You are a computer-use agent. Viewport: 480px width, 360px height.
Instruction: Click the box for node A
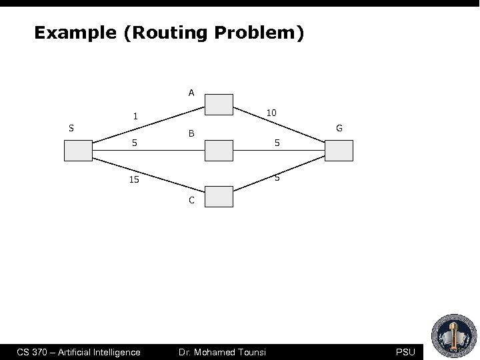(x=219, y=105)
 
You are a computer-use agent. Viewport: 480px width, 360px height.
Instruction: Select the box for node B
(x=219, y=151)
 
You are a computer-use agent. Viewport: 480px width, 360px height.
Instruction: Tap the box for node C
(x=219, y=197)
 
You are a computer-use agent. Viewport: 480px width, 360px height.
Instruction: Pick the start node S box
(x=79, y=151)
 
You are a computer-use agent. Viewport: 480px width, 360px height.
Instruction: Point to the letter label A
(x=191, y=93)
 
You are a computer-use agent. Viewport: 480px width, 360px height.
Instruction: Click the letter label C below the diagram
(x=191, y=200)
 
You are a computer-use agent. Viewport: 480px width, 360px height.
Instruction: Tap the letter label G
(x=340, y=127)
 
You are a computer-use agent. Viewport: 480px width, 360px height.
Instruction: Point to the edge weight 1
(x=135, y=116)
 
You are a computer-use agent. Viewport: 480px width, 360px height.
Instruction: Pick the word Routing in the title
(x=161, y=33)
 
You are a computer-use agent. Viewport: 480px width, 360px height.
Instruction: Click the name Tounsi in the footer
(x=249, y=351)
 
